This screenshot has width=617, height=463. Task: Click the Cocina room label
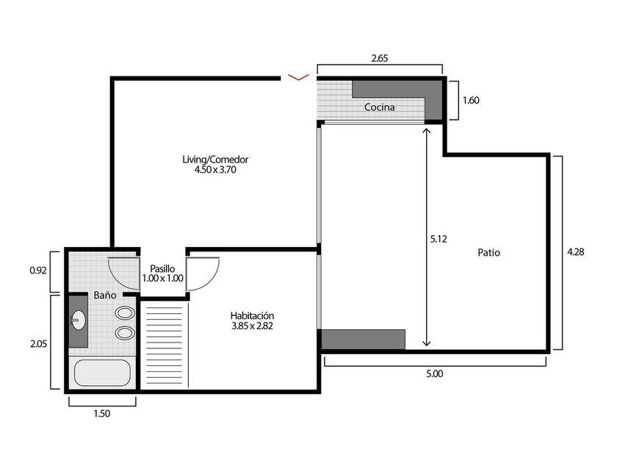[379, 107]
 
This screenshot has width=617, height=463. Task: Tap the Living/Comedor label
[215, 159]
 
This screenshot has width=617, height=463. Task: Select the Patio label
[488, 253]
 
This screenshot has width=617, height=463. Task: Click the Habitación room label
[252, 316]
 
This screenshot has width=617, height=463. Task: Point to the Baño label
[104, 295]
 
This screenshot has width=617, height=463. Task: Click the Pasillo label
[162, 269]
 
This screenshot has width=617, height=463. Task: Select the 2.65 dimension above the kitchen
[380, 58]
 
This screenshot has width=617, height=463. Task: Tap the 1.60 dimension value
[471, 101]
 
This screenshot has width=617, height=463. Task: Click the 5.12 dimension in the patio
[439, 239]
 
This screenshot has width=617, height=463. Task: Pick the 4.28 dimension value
[576, 251]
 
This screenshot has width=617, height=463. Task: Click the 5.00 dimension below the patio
[434, 373]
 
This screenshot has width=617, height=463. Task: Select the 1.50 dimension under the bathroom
[102, 414]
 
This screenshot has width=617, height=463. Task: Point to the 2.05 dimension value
[38, 344]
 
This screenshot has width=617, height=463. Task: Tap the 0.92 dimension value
[38, 270]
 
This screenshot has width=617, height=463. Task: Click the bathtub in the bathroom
[102, 373]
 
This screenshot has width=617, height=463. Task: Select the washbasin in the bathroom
[79, 320]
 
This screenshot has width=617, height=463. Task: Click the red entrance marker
[299, 76]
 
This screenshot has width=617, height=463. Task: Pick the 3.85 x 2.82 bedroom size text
[252, 326]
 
